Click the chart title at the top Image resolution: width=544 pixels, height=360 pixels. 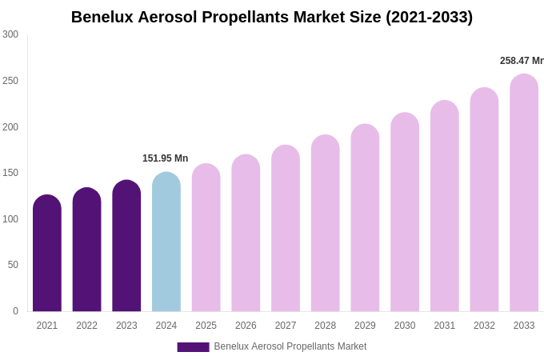coord(272,17)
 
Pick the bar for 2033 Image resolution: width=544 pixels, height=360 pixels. coord(524,193)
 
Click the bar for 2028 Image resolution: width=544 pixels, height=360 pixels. coord(326,223)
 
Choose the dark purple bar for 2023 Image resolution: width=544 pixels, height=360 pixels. coord(126,246)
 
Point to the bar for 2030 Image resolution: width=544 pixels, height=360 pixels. coord(405,212)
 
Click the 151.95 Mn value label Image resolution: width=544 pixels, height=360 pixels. coord(166,158)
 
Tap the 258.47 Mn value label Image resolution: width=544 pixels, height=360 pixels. coord(522,61)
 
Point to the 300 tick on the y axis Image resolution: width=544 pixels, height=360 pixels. coord(10,34)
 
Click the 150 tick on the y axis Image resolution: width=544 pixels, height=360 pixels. coord(10,173)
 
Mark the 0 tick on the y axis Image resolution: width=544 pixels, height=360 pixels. coord(15,311)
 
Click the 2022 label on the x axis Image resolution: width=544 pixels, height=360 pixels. coord(86,326)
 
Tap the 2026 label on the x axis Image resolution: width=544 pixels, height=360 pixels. coord(246,326)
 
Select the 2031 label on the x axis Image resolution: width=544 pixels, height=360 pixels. coord(445,326)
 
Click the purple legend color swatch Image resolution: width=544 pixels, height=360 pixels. coord(193,347)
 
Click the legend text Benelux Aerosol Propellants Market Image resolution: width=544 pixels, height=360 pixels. coord(290,346)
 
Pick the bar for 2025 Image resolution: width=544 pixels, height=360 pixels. coord(206,238)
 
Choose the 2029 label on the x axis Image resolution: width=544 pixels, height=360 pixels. coord(365,326)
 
